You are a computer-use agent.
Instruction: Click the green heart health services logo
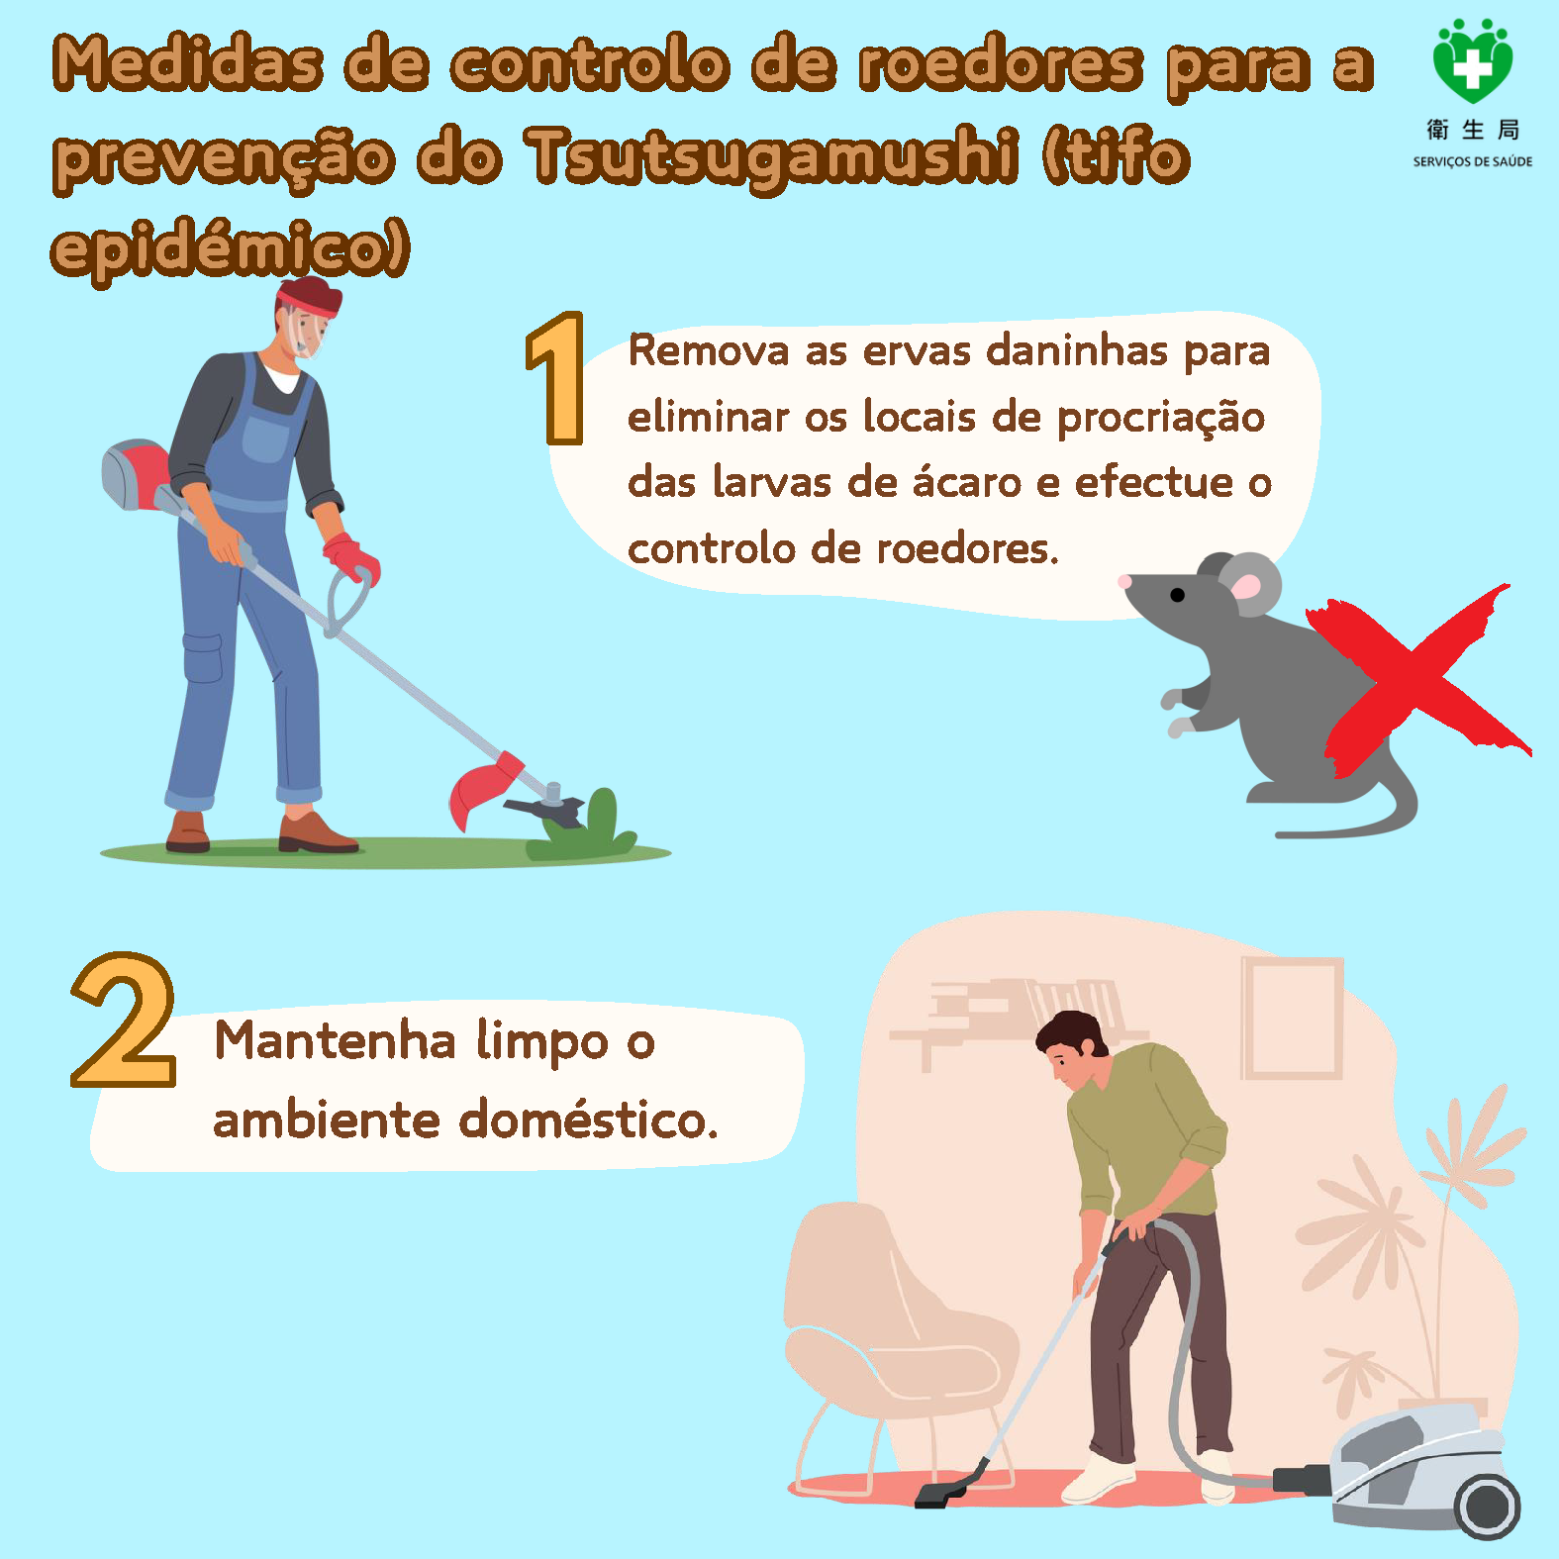(1473, 61)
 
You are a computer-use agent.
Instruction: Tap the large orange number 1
(556, 378)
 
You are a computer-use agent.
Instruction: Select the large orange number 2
(124, 1021)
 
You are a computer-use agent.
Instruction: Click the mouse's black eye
(1177, 595)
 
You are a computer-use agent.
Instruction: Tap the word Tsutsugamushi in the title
(773, 156)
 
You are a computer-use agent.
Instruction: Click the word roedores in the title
(1000, 64)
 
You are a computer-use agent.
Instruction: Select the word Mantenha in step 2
(336, 1040)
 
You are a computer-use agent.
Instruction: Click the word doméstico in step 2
(589, 1120)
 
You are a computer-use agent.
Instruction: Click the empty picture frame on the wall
(1292, 1019)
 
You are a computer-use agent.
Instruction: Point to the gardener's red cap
(310, 295)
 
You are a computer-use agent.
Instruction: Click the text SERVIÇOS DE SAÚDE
(1473, 161)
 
